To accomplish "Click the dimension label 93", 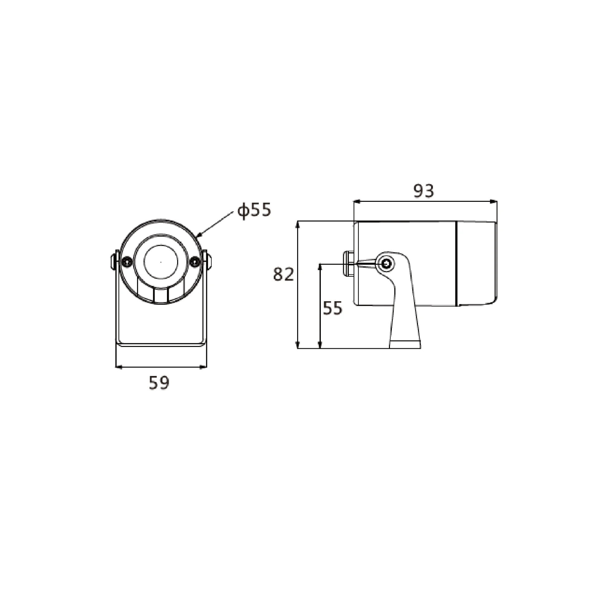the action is [x=424, y=191].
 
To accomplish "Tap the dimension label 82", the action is [x=283, y=274].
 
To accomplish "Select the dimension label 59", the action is [x=159, y=383].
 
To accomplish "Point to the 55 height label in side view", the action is [x=333, y=308].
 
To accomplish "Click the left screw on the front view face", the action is [x=127, y=261].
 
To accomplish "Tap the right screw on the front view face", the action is [x=195, y=261].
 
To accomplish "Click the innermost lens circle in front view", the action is [x=161, y=262].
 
